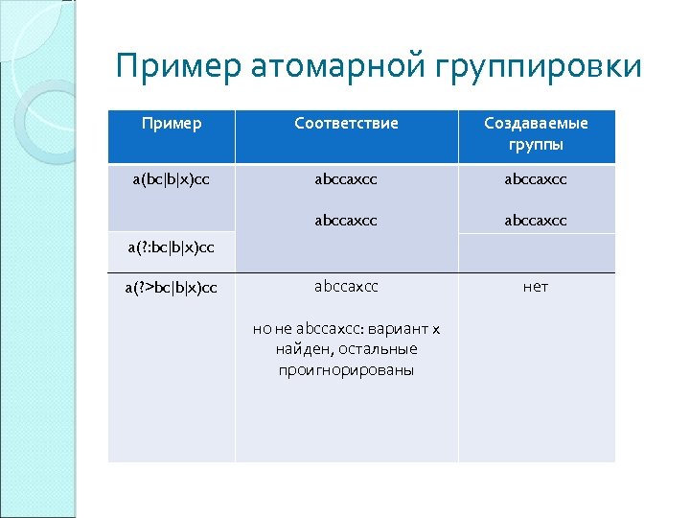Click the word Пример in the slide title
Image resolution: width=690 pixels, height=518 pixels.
click(178, 66)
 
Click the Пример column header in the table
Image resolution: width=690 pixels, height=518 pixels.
click(172, 124)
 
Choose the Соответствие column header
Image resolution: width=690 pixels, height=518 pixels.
click(346, 124)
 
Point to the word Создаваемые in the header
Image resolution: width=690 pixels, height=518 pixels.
click(536, 124)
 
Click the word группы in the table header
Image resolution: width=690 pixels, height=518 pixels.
click(536, 145)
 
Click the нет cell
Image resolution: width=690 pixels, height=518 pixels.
click(536, 287)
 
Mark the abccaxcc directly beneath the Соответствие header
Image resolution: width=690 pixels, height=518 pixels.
click(346, 178)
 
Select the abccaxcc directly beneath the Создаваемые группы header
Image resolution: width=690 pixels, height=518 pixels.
click(536, 178)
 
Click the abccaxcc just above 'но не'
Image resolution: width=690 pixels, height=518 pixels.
click(346, 287)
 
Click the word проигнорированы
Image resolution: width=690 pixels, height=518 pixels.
click(346, 370)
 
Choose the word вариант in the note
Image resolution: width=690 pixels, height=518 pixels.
click(398, 329)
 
